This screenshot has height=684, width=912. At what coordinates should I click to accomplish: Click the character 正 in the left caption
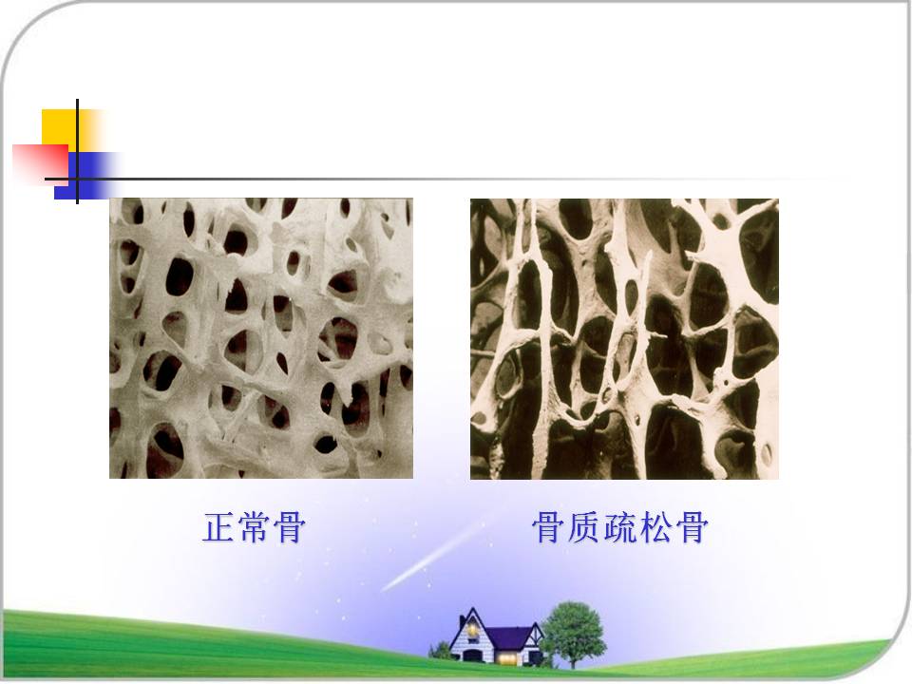point(218,527)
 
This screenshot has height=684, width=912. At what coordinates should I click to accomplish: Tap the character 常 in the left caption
point(255,527)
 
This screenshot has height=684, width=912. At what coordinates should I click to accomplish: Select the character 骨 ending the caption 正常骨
point(289,527)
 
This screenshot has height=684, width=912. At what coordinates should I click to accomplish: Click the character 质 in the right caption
point(584,527)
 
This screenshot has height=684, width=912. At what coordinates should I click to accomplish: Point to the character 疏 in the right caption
point(620,527)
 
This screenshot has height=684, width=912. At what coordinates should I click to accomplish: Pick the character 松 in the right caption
point(655,527)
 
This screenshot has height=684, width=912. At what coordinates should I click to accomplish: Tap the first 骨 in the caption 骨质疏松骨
point(548,527)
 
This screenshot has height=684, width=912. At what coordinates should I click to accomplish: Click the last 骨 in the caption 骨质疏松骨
point(691,527)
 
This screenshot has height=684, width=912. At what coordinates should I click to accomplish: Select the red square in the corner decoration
point(41,161)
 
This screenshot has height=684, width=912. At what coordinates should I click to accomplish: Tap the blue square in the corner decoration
point(87,176)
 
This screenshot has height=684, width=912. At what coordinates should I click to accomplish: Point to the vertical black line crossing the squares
point(77,151)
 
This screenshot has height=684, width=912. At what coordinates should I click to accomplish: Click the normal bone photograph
point(261,338)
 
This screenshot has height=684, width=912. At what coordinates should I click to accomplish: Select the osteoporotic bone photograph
point(624,338)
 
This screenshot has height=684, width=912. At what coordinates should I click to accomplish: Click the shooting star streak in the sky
point(433,557)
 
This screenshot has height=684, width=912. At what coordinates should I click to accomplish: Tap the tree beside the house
point(574,634)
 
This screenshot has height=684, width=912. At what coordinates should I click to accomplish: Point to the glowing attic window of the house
point(472,629)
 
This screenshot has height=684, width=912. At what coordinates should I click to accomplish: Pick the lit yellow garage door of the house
point(505,658)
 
